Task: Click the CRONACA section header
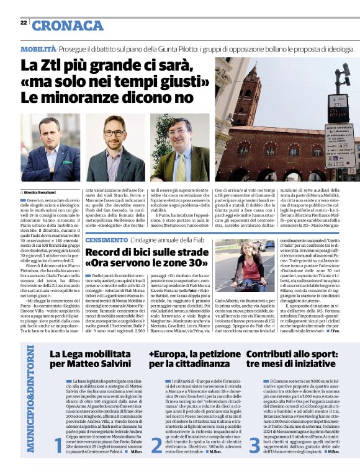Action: point(68,25)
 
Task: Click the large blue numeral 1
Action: point(58,445)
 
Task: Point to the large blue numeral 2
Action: point(156,445)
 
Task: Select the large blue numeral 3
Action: point(254,445)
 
